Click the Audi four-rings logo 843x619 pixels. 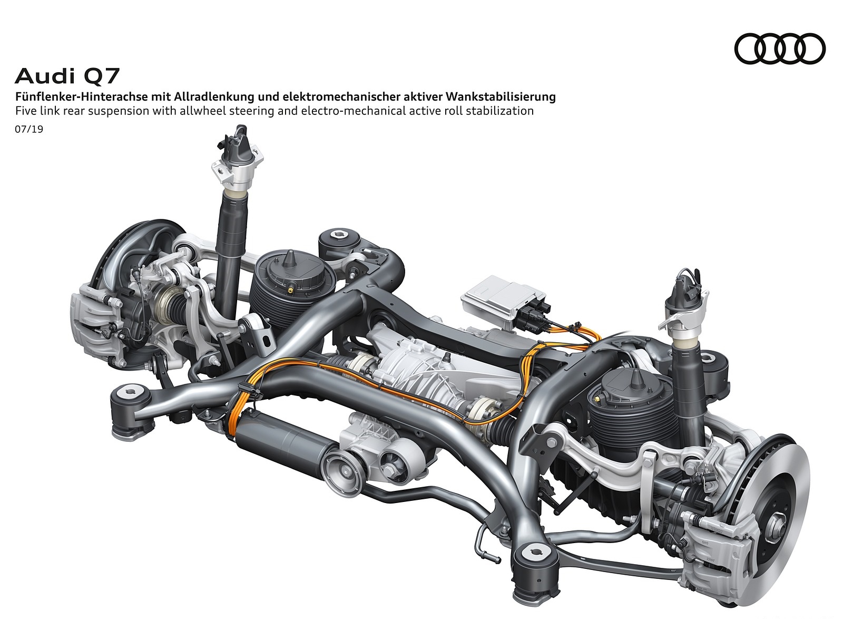click(x=779, y=49)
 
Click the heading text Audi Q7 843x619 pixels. click(x=67, y=77)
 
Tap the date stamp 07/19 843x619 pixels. click(x=29, y=129)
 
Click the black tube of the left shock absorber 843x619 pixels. click(x=230, y=232)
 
